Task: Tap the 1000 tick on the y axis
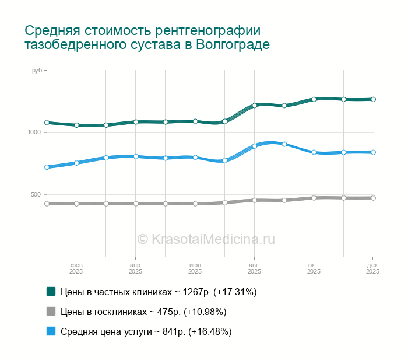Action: click(x=35, y=132)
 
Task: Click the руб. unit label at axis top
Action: click(x=37, y=71)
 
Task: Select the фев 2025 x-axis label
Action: click(x=76, y=268)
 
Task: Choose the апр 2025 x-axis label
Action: click(x=135, y=268)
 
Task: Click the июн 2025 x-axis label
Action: click(x=195, y=268)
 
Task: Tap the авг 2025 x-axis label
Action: click(x=254, y=268)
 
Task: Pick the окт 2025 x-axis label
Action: click(x=314, y=268)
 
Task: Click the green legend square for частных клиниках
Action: click(x=51, y=291)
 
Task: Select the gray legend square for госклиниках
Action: click(x=51, y=311)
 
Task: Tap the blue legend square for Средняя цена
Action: click(x=51, y=331)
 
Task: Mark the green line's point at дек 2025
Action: click(x=373, y=99)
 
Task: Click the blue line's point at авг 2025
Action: click(x=255, y=145)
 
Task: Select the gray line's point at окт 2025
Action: click(x=314, y=198)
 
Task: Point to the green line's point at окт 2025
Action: click(x=314, y=99)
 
